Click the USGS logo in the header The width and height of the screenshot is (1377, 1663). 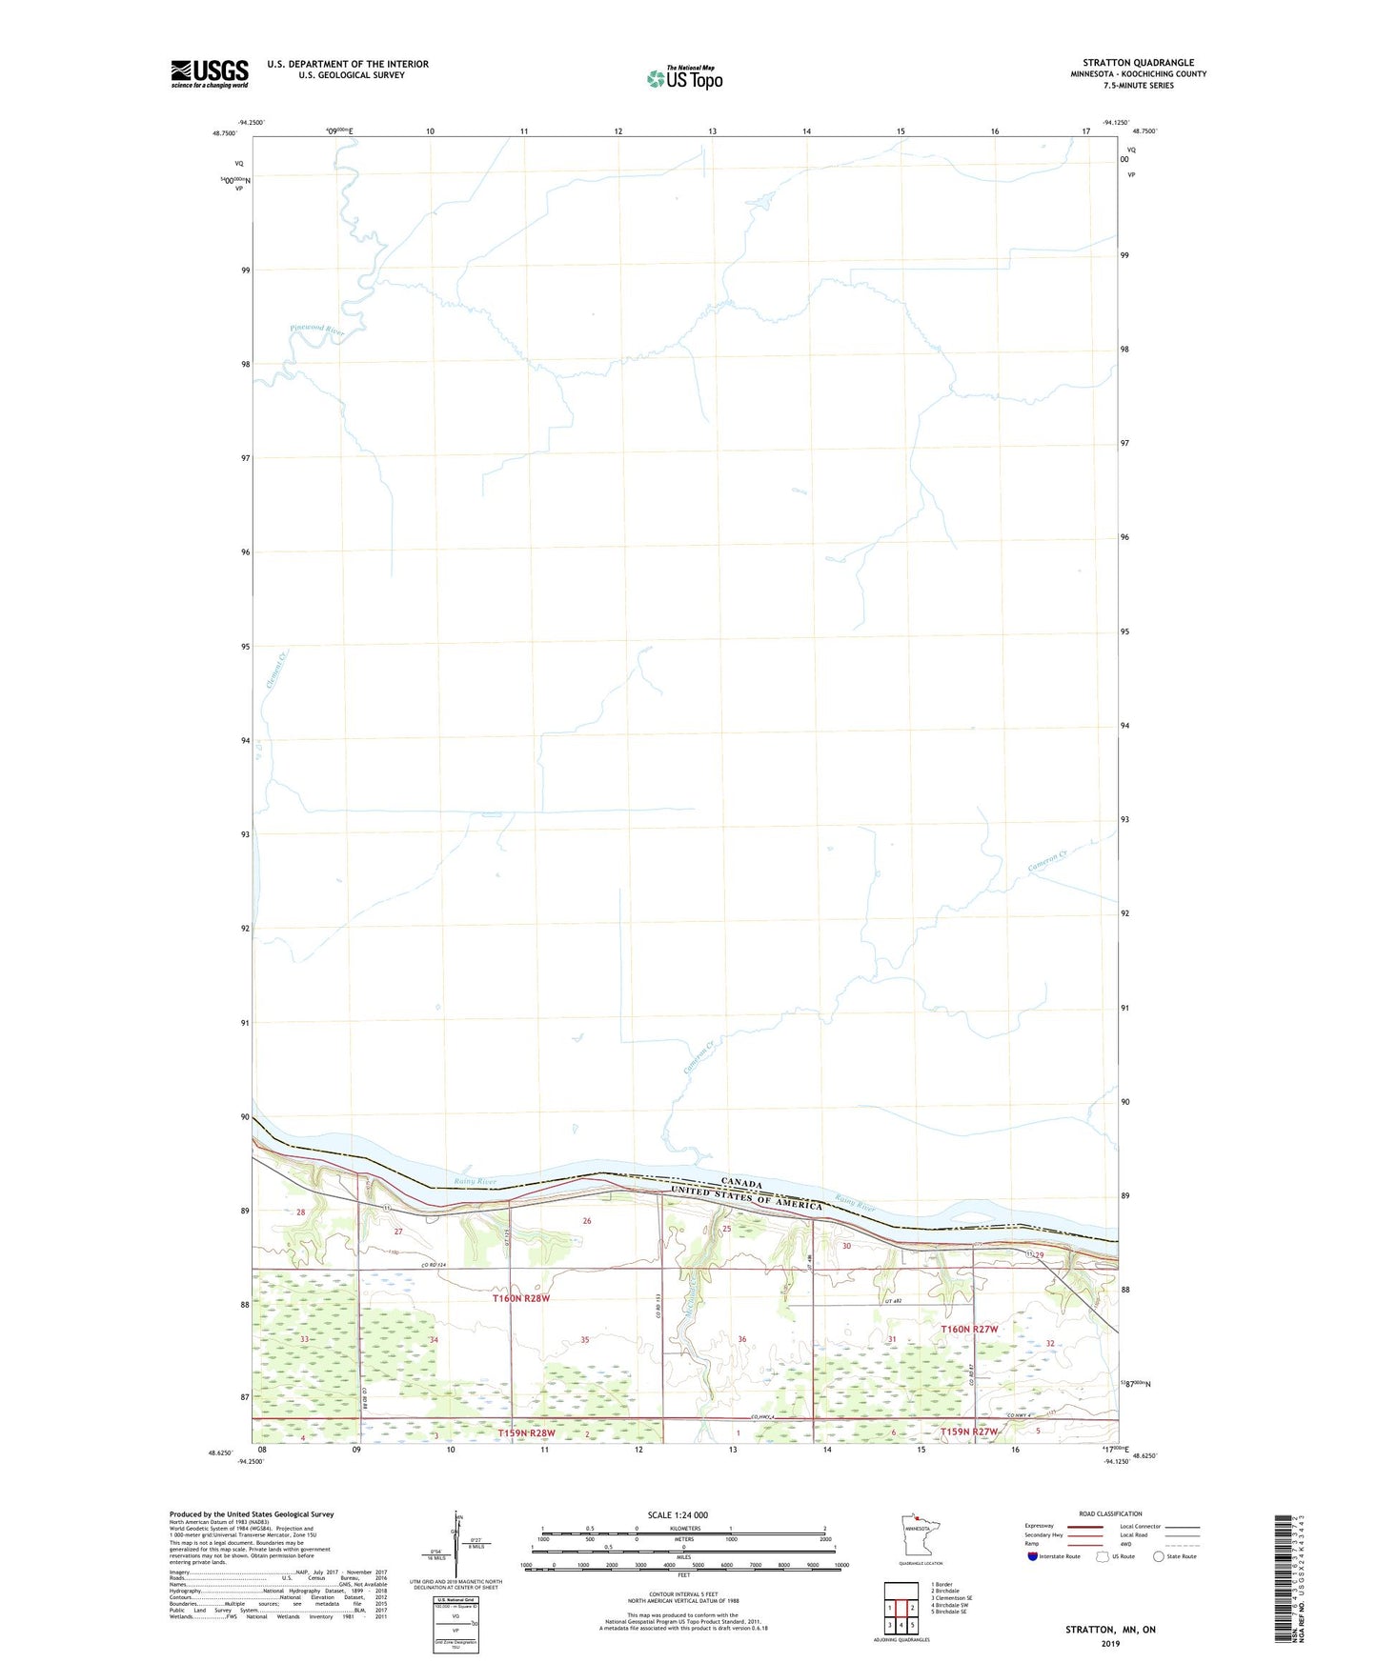[x=210, y=73]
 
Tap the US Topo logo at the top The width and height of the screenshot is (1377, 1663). [x=684, y=78]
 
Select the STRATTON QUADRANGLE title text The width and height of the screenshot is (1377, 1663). [x=1138, y=63]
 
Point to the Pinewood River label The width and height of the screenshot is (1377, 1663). [x=316, y=330]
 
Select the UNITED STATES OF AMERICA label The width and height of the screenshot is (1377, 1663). [x=746, y=1197]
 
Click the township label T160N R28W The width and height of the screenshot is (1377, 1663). [x=521, y=1298]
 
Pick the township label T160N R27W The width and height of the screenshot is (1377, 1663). [x=969, y=1329]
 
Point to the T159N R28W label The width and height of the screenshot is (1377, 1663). [x=526, y=1433]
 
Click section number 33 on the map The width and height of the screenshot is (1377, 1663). [x=305, y=1340]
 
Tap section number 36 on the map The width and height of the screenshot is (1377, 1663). [x=742, y=1339]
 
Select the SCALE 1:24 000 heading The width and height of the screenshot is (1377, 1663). [x=678, y=1515]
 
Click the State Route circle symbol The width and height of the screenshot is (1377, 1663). [x=1159, y=1557]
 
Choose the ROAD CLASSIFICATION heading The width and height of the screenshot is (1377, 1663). [x=1110, y=1513]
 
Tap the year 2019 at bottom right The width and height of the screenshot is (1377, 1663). [x=1110, y=1643]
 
